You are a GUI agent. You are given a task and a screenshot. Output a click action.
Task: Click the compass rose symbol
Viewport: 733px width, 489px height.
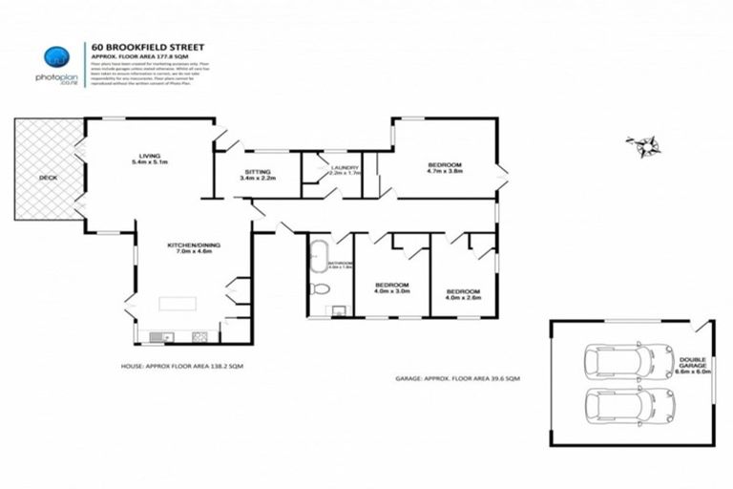tap(642, 145)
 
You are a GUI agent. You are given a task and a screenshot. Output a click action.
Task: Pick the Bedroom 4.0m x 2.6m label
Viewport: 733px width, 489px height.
tap(462, 293)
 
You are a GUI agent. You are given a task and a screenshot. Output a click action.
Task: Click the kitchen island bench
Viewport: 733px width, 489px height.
tap(178, 304)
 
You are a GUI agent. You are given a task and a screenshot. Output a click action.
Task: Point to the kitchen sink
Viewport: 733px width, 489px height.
tap(159, 335)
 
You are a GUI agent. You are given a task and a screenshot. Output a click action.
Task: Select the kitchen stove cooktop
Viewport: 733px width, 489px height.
tap(200, 335)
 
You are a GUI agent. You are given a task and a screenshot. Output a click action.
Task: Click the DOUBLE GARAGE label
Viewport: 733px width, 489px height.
tap(694, 366)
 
